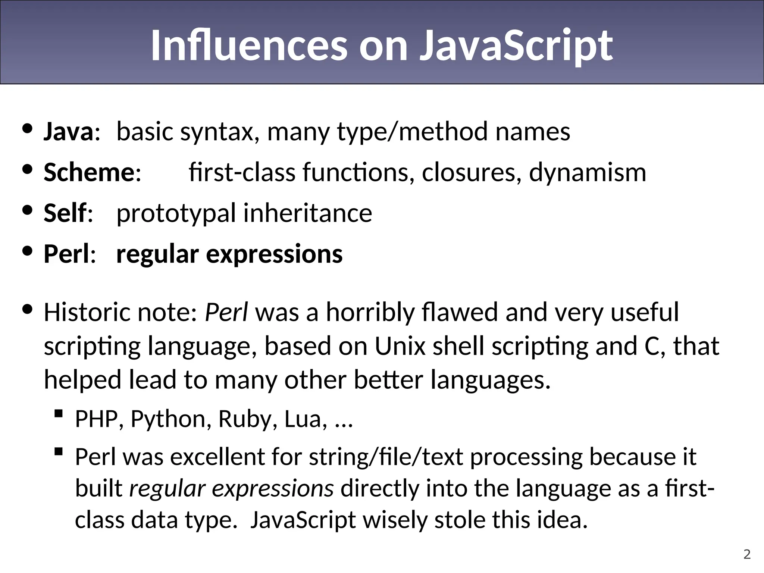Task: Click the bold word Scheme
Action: pos(89,172)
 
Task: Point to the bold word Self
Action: pos(65,213)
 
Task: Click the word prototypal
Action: pos(176,213)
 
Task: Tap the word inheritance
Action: pos(308,213)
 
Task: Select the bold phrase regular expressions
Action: pos(229,254)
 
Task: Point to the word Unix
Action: pos(400,346)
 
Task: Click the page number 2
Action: pos(747,554)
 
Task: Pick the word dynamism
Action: pos(588,172)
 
